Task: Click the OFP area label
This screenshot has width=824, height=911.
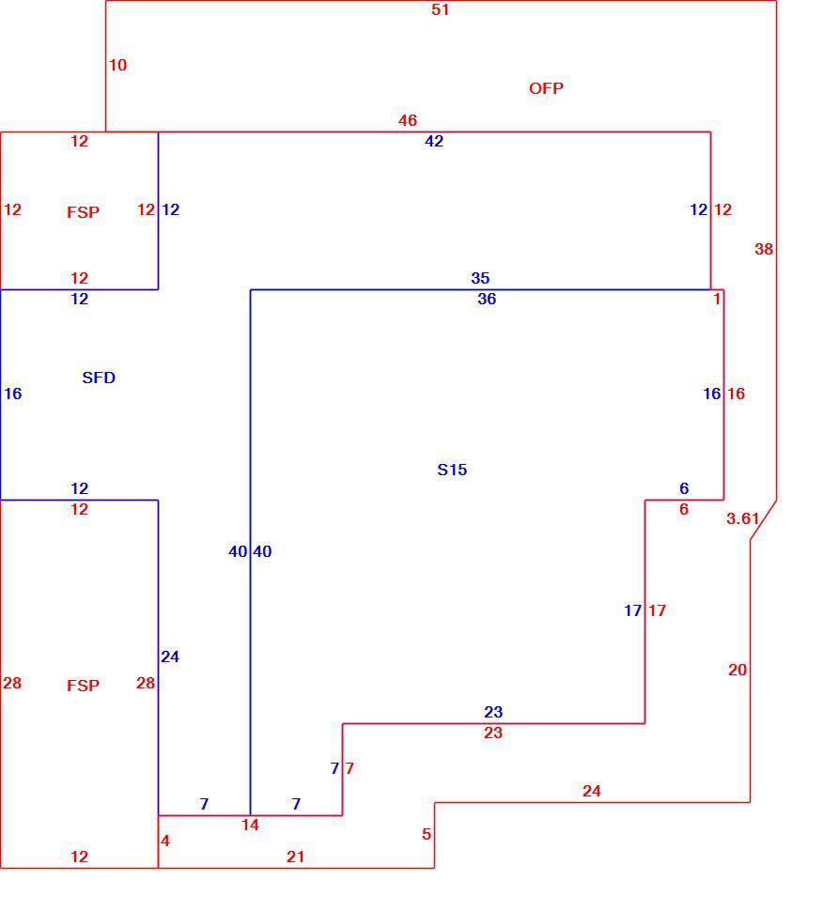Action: click(x=546, y=88)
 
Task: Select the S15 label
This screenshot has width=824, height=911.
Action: click(x=452, y=470)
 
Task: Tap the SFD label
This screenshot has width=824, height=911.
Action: click(x=99, y=378)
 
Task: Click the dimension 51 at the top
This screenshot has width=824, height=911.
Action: click(x=440, y=9)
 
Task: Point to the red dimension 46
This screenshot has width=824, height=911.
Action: click(x=408, y=120)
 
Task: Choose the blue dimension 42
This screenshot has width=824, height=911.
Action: click(x=433, y=141)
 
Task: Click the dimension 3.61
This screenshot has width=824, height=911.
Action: click(x=742, y=518)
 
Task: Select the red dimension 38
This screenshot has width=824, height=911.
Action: click(x=764, y=249)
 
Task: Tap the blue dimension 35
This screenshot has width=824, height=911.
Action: click(x=480, y=278)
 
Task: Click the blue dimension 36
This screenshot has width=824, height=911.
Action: click(x=487, y=299)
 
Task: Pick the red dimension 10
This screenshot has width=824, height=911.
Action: click(x=118, y=65)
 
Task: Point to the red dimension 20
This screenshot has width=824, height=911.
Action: click(x=738, y=670)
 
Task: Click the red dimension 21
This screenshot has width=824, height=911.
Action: click(x=295, y=857)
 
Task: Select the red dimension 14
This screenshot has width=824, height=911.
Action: click(x=250, y=825)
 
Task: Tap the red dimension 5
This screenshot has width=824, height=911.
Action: click(x=427, y=834)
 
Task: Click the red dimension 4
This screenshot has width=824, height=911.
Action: click(x=165, y=841)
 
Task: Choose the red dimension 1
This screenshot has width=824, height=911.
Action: click(x=717, y=299)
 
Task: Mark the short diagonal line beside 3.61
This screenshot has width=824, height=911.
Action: click(x=764, y=520)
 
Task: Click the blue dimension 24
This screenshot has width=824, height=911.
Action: click(x=170, y=656)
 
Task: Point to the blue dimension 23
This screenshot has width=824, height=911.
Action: click(x=492, y=712)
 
